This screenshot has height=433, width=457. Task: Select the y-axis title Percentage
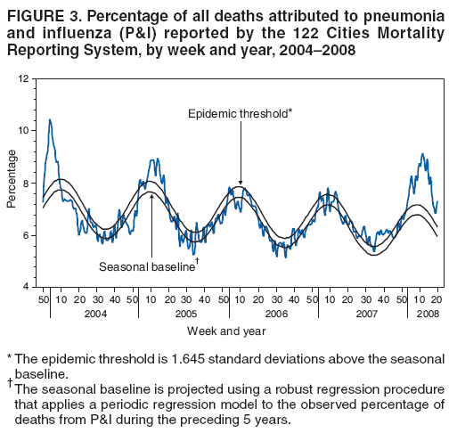pos(12,183)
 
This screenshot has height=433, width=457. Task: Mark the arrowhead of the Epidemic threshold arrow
pos(241,183)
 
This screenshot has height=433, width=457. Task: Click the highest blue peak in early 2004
pos(50,119)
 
